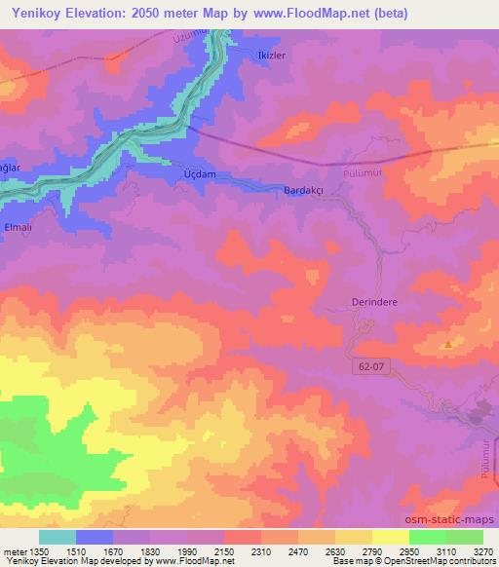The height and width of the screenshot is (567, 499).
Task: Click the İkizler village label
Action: click(271, 56)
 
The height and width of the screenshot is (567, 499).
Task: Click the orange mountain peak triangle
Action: click(447, 344)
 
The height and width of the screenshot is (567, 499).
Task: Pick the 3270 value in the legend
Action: click(481, 551)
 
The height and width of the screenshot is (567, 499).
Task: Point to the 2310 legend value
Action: click(260, 551)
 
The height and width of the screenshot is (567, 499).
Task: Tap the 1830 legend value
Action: click(149, 551)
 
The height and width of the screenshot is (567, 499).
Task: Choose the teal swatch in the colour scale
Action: click(58, 537)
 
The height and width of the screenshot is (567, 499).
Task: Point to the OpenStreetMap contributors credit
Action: click(441, 562)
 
